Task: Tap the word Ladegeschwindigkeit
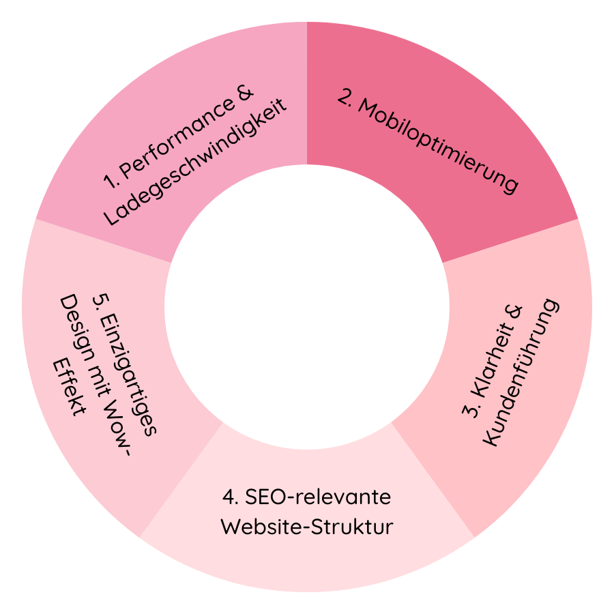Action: (195, 161)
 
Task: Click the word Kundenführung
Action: (521, 372)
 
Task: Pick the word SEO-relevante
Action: (318, 497)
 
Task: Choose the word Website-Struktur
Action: (307, 527)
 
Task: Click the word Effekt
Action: (70, 387)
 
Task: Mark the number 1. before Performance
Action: (111, 181)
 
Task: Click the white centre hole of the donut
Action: (307, 307)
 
